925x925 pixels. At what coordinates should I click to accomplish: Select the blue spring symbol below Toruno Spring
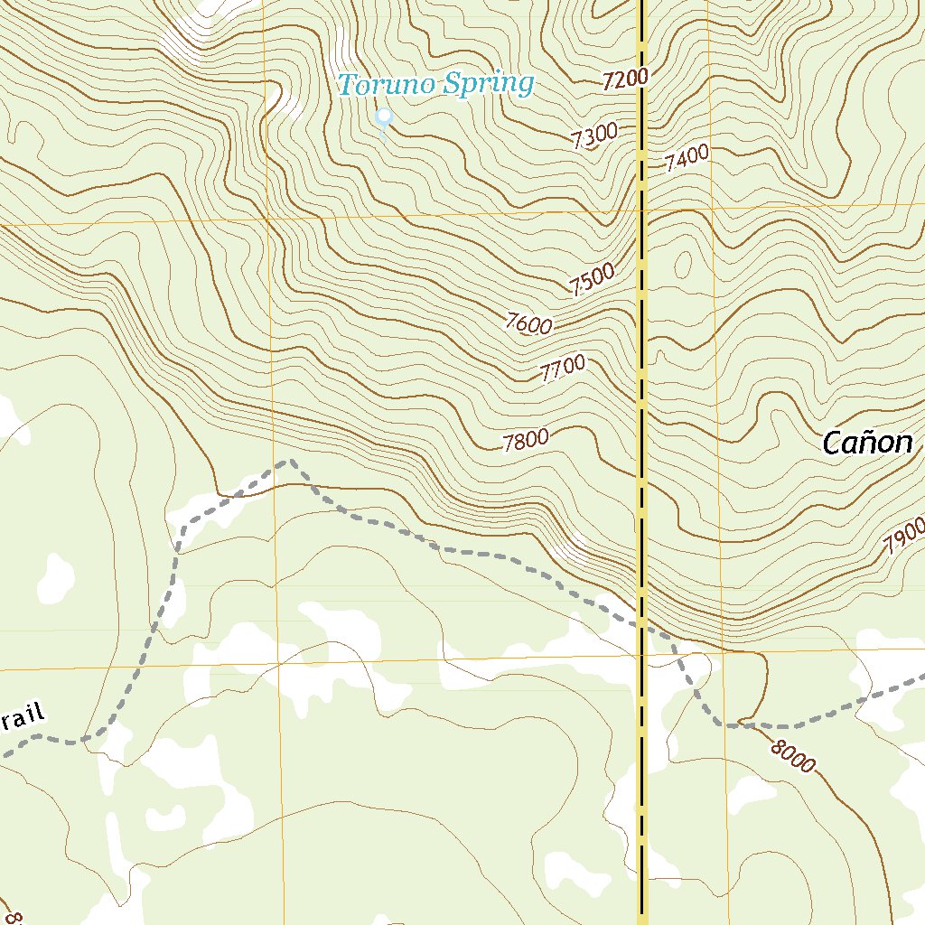(384, 118)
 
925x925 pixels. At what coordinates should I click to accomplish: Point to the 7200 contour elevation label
(624, 79)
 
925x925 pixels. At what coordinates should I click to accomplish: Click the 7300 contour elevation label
(594, 135)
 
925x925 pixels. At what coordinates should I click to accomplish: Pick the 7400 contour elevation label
(687, 159)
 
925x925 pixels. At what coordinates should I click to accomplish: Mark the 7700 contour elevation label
(562, 369)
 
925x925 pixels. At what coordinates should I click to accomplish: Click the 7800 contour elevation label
(526, 441)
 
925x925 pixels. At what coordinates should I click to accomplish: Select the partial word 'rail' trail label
(22, 719)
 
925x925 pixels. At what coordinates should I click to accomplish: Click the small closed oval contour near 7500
(683, 264)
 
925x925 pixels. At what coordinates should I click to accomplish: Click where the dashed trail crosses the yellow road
(641, 621)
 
